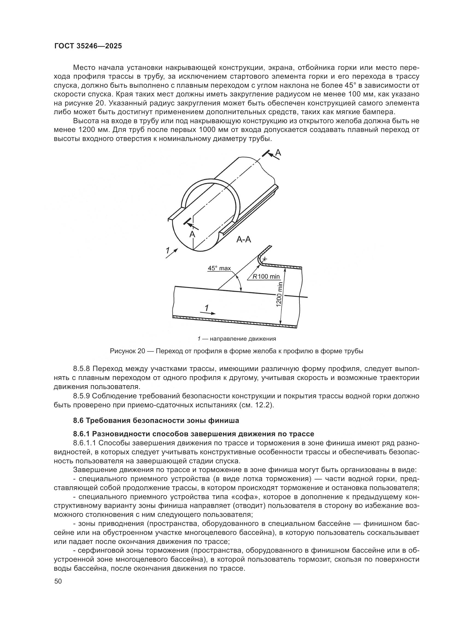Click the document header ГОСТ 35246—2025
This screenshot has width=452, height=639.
click(x=88, y=46)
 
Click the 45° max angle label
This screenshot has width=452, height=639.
click(x=219, y=268)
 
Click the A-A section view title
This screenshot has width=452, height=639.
click(x=243, y=239)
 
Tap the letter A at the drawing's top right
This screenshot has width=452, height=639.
click(x=278, y=152)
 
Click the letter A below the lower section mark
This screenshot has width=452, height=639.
click(x=192, y=235)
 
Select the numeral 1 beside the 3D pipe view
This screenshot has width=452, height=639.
click(x=167, y=251)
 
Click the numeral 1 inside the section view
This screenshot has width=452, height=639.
click(x=207, y=308)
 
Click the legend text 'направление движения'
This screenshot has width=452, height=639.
click(x=243, y=339)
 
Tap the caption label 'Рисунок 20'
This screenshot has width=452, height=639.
click(x=127, y=351)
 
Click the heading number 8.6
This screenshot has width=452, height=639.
click(x=78, y=420)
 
